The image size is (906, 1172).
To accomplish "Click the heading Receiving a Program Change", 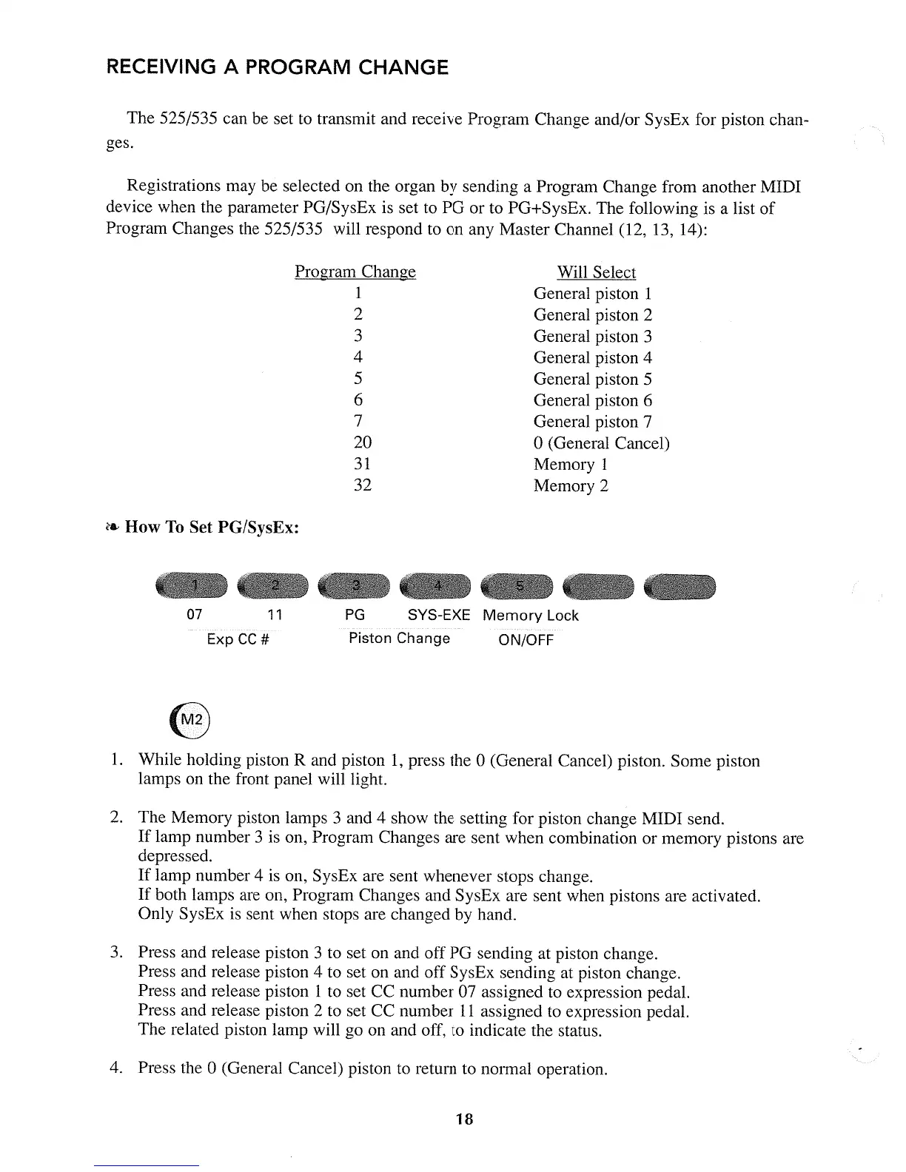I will (x=278, y=68).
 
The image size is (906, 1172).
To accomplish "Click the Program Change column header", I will (x=355, y=272).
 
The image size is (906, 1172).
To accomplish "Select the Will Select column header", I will (x=596, y=272).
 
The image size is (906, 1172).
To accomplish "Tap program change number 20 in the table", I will (x=363, y=442).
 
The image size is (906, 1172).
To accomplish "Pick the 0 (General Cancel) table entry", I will (x=601, y=443).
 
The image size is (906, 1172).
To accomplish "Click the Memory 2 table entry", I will (x=571, y=486).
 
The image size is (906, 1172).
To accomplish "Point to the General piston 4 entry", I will (x=592, y=358).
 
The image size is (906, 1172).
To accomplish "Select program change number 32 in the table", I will (x=363, y=485).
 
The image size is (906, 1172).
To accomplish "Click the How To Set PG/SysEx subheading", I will (x=212, y=528).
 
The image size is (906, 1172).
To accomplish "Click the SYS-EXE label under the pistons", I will (x=439, y=616).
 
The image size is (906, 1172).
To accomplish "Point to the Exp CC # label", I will (x=237, y=639).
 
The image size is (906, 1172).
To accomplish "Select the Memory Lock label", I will (x=530, y=616).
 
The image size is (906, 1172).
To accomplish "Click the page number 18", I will (x=464, y=1119).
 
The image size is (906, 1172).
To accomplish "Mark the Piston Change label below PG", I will (x=399, y=639).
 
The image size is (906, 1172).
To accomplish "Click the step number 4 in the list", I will (x=115, y=1068).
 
